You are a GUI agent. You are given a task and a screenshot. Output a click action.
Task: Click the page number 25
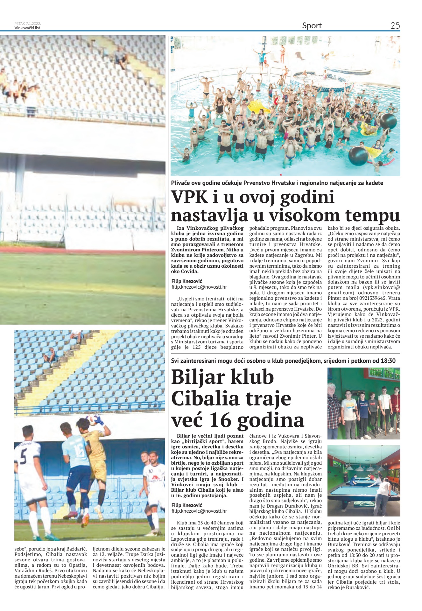tap(395, 26)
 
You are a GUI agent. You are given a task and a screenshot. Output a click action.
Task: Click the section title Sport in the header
tap(312, 26)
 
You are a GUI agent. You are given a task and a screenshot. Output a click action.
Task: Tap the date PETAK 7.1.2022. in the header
tap(28, 24)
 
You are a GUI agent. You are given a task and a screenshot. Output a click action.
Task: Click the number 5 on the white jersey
tap(23, 458)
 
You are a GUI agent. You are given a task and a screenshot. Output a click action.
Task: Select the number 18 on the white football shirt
tap(151, 471)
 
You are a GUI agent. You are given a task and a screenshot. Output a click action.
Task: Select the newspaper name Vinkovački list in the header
tap(27, 28)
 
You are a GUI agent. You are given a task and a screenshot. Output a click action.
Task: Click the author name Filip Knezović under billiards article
tap(186, 505)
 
